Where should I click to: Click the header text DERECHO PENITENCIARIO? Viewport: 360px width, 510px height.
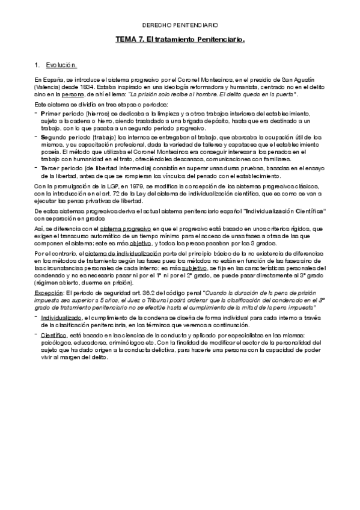pyautogui.click(x=180, y=26)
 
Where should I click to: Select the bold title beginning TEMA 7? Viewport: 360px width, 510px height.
pyautogui.click(x=180, y=39)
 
